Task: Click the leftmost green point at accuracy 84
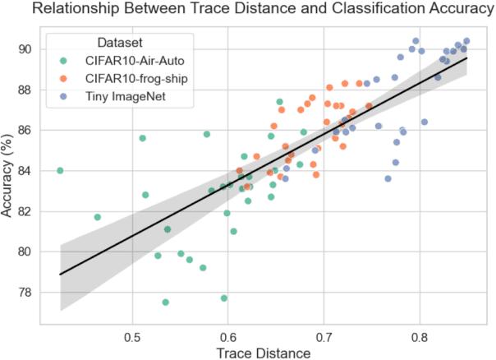point(60,170)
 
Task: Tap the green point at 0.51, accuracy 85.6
point(142,138)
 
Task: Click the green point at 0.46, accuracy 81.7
point(98,217)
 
